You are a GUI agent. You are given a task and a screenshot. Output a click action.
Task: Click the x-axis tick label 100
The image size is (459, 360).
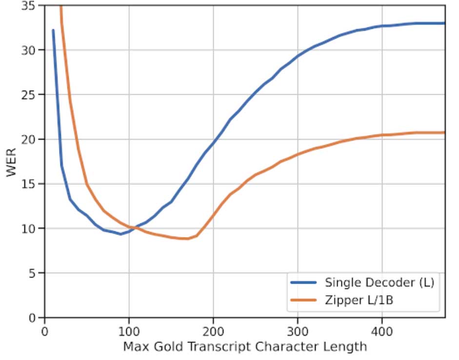point(129,330)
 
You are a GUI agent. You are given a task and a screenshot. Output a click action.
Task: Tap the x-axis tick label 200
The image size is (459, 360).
point(213,330)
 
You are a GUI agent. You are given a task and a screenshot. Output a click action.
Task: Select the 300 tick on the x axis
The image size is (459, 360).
point(298,330)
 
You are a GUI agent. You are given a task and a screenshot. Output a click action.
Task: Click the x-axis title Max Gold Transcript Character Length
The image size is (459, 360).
point(244,347)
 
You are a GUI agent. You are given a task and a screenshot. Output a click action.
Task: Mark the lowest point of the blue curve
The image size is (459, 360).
point(120,234)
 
